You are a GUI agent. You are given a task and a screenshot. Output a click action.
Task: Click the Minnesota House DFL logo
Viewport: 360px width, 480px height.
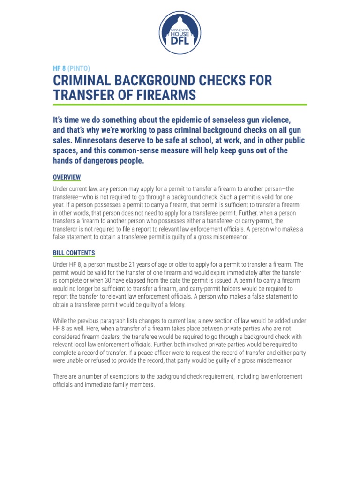[180, 30]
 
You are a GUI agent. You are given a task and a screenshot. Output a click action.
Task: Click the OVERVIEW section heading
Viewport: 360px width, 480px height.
[67, 177]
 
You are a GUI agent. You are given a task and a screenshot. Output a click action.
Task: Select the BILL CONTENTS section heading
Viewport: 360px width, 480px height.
[74, 253]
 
